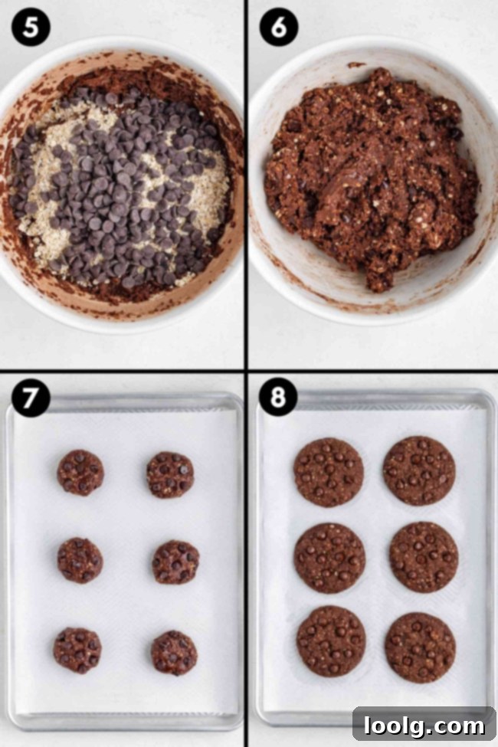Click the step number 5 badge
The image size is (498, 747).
click(x=31, y=28)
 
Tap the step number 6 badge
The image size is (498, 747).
click(x=279, y=28)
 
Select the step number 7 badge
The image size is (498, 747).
click(x=31, y=399)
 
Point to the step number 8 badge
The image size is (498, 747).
click(x=279, y=399)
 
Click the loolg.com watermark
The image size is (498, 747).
click(x=424, y=725)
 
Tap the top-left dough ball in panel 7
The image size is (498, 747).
click(x=80, y=472)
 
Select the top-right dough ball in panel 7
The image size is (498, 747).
click(x=170, y=474)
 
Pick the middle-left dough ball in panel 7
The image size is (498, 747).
click(x=80, y=559)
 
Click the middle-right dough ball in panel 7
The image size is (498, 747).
click(x=175, y=562)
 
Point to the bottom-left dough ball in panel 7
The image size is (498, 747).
click(x=77, y=650)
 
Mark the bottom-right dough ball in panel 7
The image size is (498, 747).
click(x=174, y=653)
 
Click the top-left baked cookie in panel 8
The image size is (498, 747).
click(x=329, y=472)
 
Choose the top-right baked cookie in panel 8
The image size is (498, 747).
click(x=419, y=470)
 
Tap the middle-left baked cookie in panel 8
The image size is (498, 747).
click(x=329, y=558)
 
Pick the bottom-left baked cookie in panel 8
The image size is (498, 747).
click(x=331, y=641)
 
